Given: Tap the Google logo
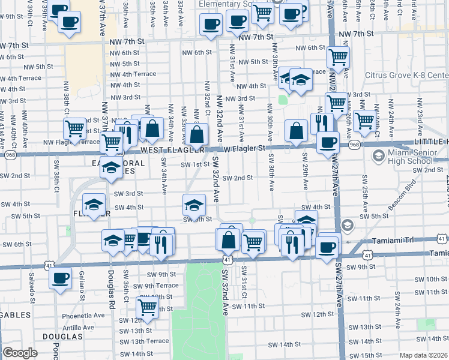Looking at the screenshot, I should click(x=20, y=353).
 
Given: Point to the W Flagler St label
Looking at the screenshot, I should click(x=245, y=148).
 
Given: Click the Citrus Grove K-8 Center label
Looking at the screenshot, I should click(x=406, y=76).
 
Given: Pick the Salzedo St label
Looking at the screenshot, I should click(x=32, y=286).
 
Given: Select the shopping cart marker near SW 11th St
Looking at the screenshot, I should click(x=147, y=308).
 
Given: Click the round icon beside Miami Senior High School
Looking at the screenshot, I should click(x=378, y=157).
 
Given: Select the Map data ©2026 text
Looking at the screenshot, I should click(x=424, y=355).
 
